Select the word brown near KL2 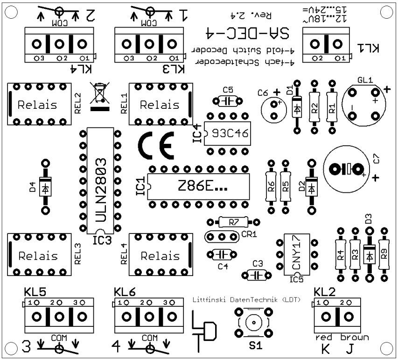tap(354, 337)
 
